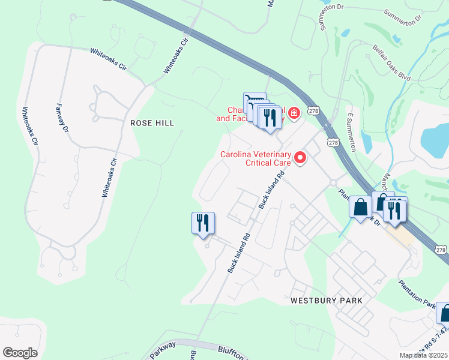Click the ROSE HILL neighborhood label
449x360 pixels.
point(152,123)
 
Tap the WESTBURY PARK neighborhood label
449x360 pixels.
point(327,300)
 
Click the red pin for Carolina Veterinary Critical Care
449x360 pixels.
point(300,158)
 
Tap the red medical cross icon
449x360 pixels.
point(294,113)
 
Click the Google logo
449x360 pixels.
point(20,353)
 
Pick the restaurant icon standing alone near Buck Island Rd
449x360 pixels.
point(203,223)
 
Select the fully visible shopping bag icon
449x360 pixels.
point(360,208)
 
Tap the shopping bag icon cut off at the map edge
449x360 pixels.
point(444,313)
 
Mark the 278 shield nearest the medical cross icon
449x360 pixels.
point(313,111)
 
